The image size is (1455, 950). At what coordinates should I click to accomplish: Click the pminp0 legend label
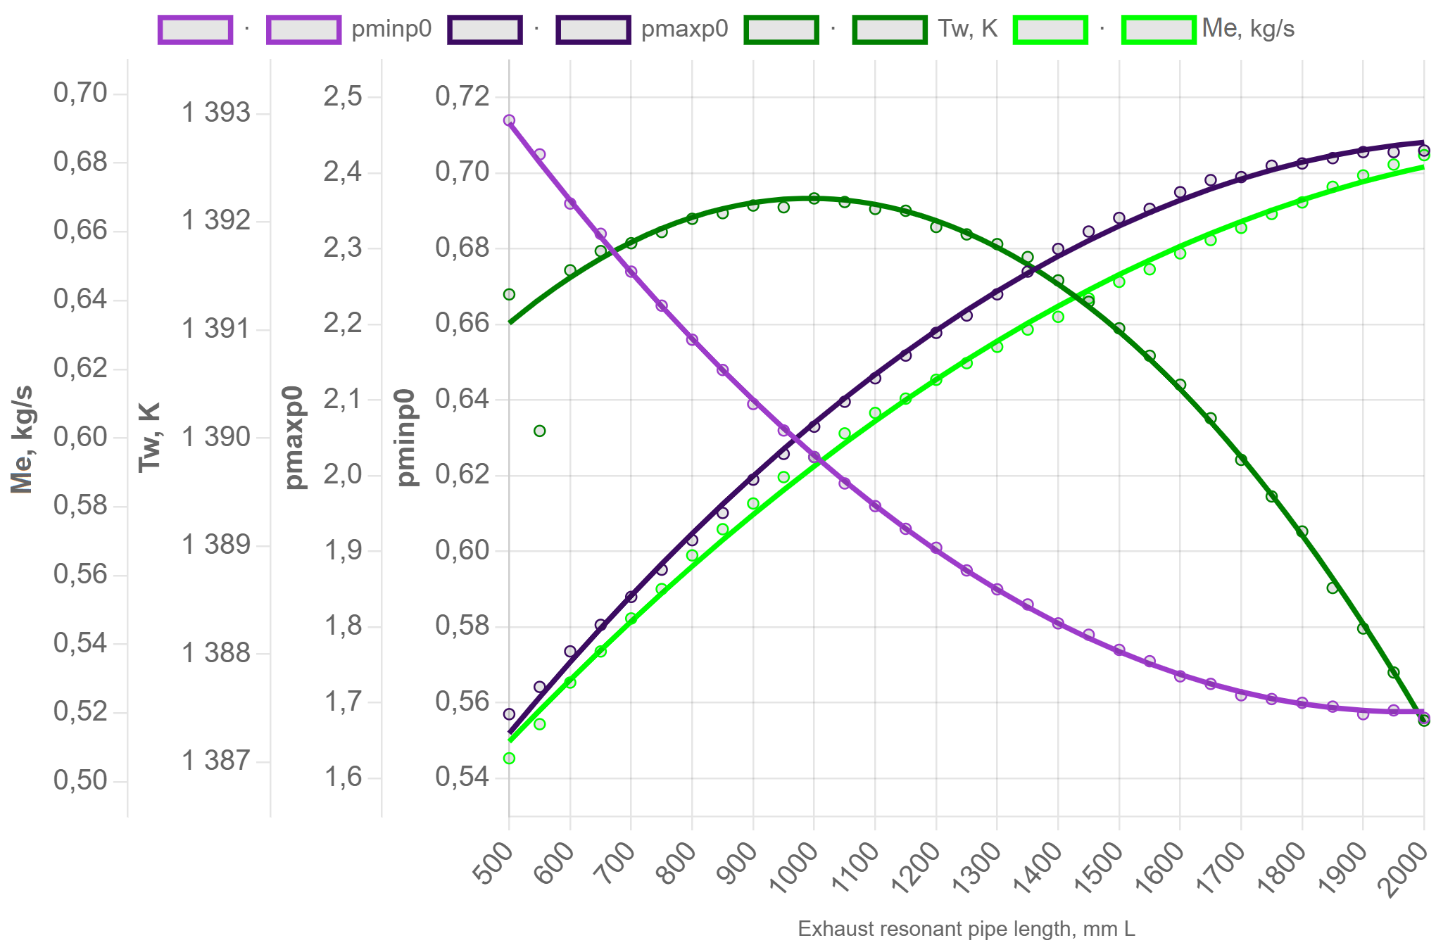point(391,29)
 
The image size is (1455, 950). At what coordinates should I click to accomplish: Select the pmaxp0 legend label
point(684,29)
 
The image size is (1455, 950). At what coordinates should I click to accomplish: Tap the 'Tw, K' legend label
point(967,29)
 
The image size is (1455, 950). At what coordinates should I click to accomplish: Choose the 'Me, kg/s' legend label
point(1248,29)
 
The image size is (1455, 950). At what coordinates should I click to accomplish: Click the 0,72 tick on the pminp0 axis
point(462,96)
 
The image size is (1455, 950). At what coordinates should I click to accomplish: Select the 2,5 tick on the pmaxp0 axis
point(343,96)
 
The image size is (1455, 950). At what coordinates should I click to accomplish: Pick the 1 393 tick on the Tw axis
point(216,113)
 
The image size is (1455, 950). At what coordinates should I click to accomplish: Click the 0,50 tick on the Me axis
point(80,780)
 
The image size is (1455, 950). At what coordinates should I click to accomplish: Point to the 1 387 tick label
point(216,761)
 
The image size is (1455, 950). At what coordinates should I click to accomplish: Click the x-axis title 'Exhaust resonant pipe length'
point(966,929)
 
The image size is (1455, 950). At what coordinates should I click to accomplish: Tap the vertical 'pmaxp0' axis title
point(294,437)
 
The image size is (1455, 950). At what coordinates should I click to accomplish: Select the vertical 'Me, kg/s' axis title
point(23,437)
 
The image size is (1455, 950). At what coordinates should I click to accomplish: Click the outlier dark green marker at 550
point(539,431)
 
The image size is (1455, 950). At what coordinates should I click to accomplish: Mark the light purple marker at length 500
point(509,120)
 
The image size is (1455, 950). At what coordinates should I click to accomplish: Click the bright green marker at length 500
point(509,758)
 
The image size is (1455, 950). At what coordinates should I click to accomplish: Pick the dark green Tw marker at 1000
point(814,198)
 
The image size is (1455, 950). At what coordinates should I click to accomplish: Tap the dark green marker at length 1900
point(1363,628)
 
